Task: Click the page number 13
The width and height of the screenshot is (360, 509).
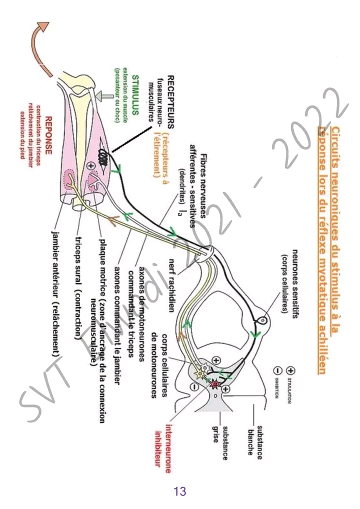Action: (180, 491)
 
